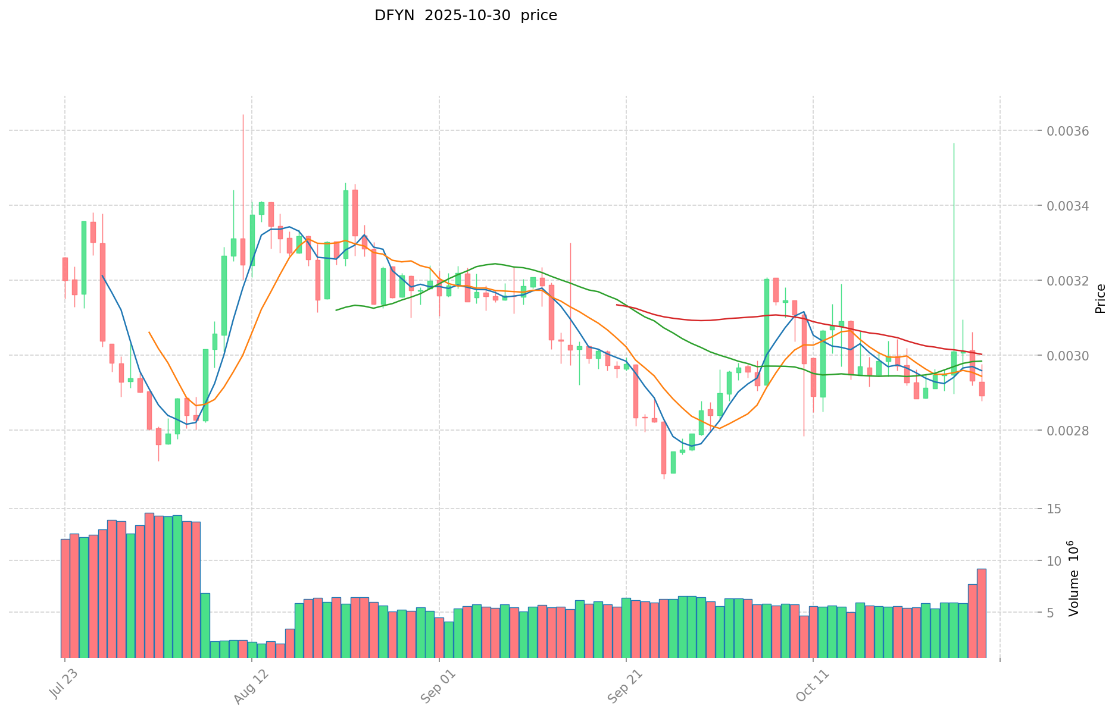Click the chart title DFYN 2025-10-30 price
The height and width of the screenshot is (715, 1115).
coord(466,16)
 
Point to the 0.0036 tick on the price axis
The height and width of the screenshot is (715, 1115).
coord(1068,131)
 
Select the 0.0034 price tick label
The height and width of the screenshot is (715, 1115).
coord(1068,206)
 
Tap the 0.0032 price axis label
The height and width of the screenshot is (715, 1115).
coord(1068,281)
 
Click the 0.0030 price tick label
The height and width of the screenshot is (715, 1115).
coord(1068,356)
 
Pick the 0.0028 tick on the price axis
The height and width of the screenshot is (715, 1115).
coord(1068,431)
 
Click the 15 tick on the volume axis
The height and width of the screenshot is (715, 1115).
coord(1054,509)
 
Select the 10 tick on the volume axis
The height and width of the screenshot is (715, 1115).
coord(1054,561)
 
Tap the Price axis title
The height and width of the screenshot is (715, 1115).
coord(1100,299)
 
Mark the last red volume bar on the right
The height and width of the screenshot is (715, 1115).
coord(981,613)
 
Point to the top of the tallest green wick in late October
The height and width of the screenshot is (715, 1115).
coord(954,143)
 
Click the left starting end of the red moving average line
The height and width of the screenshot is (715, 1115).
coord(617,305)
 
